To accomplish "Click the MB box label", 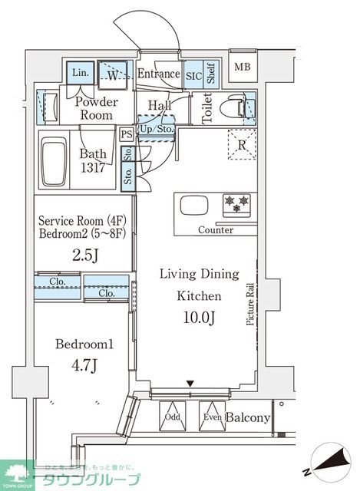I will pos(243,67).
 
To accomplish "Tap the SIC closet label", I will pos(193,74).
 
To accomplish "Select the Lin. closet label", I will pos(80,73).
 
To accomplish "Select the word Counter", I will pos(216,230).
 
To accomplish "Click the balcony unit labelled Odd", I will pos(172,418).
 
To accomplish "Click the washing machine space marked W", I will pos(113,74).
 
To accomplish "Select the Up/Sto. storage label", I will pos(157,128).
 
